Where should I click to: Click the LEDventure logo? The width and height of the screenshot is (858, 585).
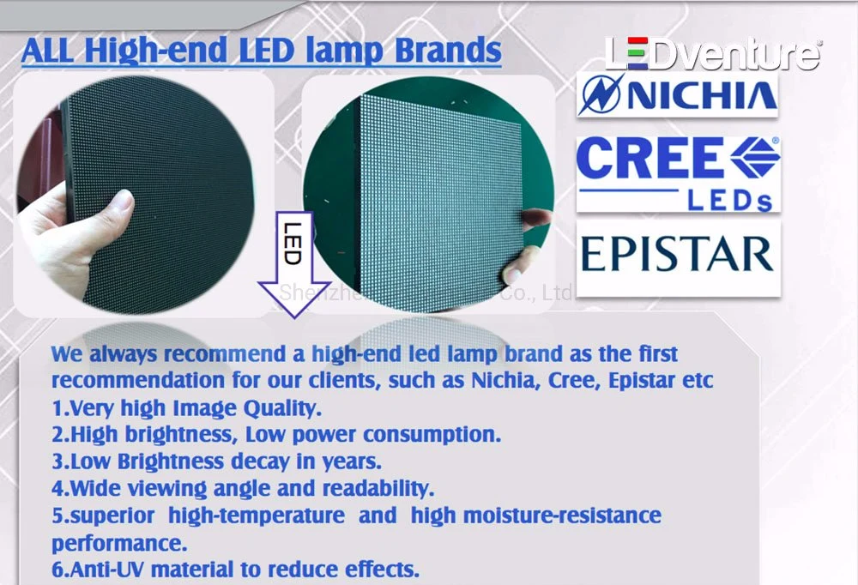click(713, 53)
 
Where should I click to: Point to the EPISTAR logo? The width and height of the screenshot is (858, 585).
click(678, 255)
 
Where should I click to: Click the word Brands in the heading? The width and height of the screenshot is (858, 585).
click(448, 50)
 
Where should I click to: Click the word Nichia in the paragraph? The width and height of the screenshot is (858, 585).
click(502, 380)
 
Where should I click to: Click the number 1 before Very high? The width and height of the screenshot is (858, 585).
click(57, 407)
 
